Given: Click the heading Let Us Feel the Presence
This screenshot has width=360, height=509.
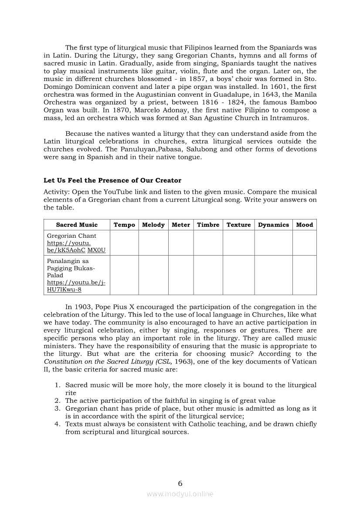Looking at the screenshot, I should [x=112, y=180].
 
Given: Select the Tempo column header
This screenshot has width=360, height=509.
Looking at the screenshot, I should [x=124, y=225].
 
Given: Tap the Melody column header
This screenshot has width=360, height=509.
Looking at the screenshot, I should [x=153, y=225].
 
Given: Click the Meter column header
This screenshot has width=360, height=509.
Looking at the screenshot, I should [x=181, y=225].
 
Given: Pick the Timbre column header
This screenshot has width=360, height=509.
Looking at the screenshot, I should [x=208, y=225].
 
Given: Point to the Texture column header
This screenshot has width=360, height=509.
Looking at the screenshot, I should [x=239, y=225].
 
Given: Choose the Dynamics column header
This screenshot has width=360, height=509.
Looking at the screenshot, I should [x=273, y=225].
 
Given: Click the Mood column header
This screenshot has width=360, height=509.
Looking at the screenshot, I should [x=305, y=225].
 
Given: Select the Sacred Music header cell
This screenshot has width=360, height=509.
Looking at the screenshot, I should [x=77, y=225].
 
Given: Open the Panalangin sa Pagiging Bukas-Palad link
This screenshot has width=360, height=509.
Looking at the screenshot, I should [x=76, y=286].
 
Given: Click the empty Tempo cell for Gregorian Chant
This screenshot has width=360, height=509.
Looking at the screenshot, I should [x=124, y=243].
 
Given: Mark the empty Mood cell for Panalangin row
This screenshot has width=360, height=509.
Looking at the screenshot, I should [x=305, y=275].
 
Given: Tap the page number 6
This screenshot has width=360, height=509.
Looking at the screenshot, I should [x=180, y=483].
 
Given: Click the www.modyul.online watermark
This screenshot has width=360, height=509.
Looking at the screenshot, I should [x=180, y=494].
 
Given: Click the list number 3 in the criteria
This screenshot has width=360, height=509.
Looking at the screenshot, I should [x=57, y=408].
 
